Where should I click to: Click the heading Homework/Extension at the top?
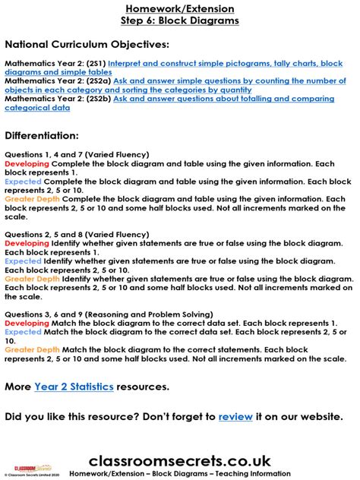click(180, 8)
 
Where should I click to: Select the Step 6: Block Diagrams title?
click(180, 21)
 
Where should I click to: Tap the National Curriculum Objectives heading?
click(87, 45)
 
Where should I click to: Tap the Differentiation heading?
click(52, 136)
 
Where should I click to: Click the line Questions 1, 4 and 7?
click(65, 154)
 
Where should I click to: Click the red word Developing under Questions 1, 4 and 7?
click(27, 163)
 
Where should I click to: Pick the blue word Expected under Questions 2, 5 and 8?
click(23, 261)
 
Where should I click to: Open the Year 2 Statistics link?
click(74, 387)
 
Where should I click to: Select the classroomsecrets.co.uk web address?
click(180, 460)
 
